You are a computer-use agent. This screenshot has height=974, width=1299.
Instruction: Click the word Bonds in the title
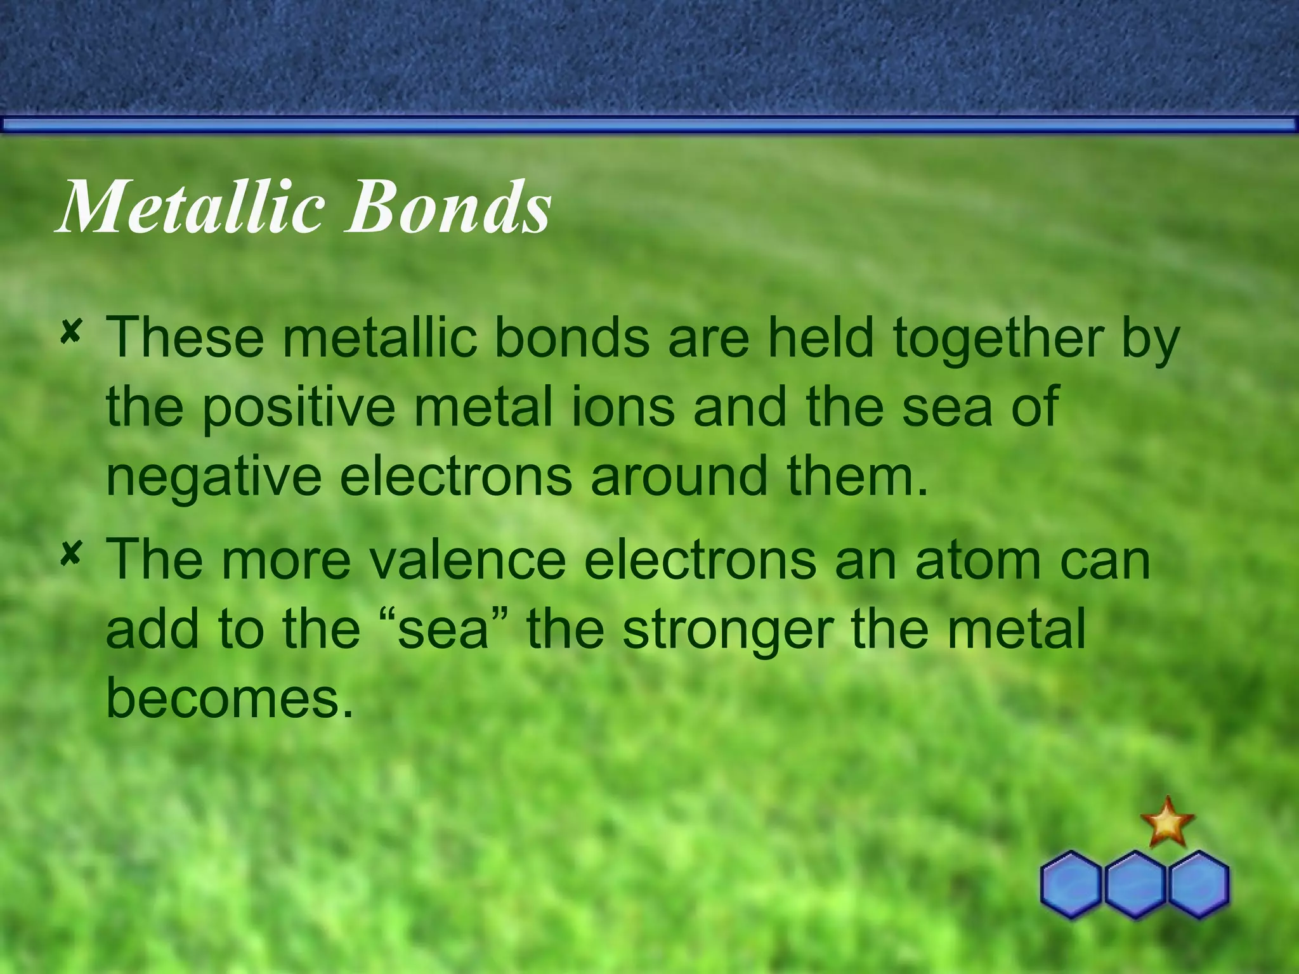(x=448, y=207)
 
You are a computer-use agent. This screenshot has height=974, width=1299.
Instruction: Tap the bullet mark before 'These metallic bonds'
(x=70, y=332)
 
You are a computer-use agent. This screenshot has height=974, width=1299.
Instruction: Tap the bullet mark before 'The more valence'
(x=70, y=554)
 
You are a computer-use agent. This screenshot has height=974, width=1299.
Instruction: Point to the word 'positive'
(x=299, y=407)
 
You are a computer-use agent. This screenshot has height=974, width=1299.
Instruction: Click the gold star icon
(x=1167, y=823)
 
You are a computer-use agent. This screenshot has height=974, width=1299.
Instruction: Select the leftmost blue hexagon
(x=1071, y=884)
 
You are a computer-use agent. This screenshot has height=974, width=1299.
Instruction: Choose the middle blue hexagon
(x=1135, y=884)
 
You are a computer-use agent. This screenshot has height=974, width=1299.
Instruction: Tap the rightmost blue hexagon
(x=1199, y=884)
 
